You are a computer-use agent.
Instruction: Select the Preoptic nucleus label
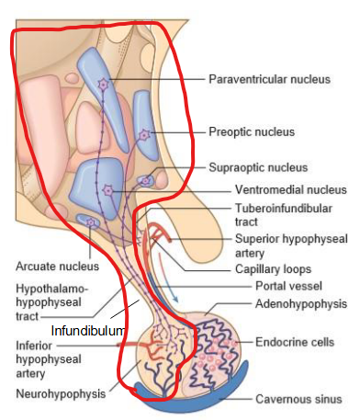point(252,132)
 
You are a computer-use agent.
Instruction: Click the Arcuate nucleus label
point(44,267)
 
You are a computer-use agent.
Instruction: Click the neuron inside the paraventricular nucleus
point(103,85)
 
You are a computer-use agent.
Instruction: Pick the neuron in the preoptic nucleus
point(144,136)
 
